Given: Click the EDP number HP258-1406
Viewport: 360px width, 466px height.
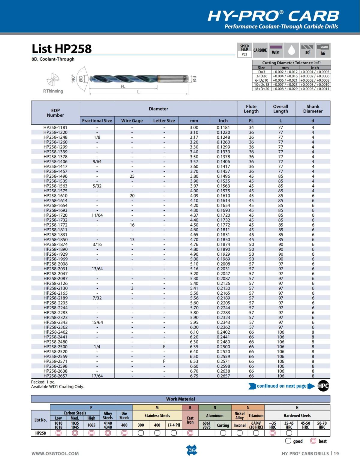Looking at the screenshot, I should (55, 161).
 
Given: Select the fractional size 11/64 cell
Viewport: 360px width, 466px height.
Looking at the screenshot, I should (97, 215).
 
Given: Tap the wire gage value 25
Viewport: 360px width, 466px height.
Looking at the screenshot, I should (132, 176).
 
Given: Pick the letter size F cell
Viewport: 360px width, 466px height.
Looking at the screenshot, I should (164, 361).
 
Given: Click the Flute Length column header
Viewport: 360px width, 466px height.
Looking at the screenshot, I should (251, 109).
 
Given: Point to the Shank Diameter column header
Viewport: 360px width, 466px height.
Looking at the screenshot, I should (313, 109).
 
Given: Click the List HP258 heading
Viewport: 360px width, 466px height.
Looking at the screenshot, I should (61, 49).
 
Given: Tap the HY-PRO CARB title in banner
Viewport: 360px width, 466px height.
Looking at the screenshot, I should (273, 16).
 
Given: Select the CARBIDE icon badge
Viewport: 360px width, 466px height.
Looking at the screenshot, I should (260, 50).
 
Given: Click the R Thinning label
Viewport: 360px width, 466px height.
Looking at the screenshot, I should (53, 91).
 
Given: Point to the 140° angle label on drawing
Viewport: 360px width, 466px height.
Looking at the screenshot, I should (73, 79).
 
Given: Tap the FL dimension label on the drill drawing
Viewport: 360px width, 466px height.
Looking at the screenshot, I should (123, 86).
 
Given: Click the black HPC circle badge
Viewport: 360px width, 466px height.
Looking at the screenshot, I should (323, 386).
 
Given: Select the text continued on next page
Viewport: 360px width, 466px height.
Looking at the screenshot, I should (281, 386).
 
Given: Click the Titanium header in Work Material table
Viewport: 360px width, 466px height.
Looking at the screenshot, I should (256, 416).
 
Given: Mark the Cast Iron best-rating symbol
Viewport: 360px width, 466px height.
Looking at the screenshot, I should (190, 433).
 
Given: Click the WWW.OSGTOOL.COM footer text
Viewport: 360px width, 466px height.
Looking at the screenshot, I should (55, 453).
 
